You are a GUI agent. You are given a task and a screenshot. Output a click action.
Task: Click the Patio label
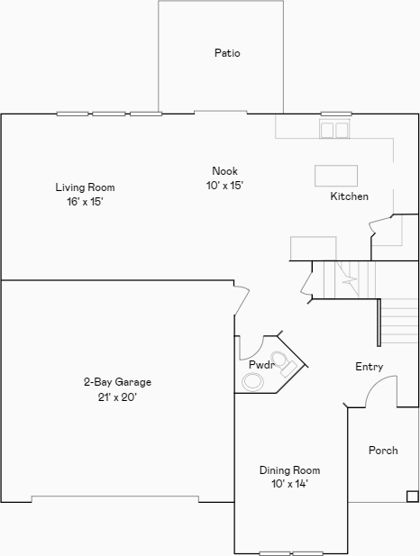click(227, 53)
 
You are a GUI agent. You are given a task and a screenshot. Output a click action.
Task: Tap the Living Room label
click(86, 187)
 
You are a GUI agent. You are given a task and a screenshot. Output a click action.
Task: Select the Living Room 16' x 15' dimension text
click(86, 202)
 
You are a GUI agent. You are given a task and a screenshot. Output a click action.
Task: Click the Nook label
click(225, 171)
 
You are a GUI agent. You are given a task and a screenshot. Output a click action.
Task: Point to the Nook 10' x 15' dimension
click(225, 185)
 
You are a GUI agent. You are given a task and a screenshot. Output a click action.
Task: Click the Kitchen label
click(349, 196)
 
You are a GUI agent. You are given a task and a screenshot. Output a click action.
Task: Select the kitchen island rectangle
click(336, 174)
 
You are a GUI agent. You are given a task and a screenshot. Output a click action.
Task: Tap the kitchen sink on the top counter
click(335, 130)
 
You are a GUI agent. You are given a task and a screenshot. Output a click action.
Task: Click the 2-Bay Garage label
click(117, 381)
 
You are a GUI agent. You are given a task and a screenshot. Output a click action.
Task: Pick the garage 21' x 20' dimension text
click(117, 396)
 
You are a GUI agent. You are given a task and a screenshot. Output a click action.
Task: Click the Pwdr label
click(261, 364)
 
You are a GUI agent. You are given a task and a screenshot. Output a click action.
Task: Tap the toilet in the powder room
click(286, 364)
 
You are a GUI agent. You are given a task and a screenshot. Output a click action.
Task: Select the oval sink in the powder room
click(253, 382)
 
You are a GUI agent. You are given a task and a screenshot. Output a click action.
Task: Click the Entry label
click(370, 367)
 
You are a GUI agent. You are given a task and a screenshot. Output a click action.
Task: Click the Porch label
click(383, 451)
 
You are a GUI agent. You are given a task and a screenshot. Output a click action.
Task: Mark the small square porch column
click(412, 496)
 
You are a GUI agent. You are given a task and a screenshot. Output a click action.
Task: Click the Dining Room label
click(289, 470)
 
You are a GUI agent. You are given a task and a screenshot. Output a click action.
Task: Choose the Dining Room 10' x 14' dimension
click(289, 484)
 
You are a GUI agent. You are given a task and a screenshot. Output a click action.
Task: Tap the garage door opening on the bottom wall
click(115, 498)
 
